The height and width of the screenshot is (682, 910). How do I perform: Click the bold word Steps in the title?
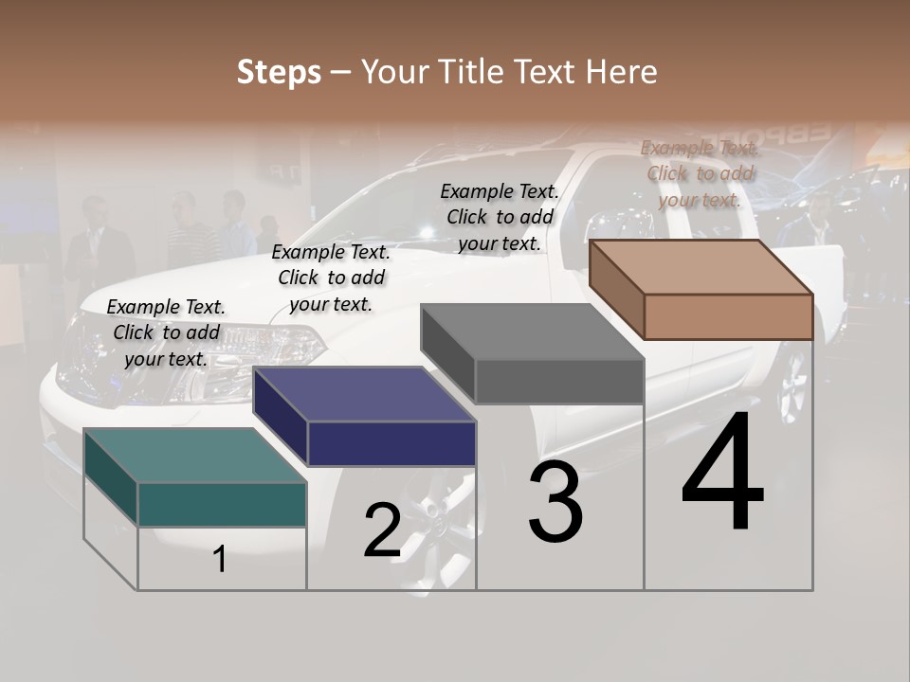pos(279,72)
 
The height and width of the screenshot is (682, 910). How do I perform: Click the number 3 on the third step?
pos(555,503)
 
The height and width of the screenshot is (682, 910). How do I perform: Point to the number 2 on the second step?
pos(382,531)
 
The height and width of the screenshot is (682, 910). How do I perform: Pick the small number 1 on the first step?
pos(220,560)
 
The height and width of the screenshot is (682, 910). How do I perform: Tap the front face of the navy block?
pos(391,443)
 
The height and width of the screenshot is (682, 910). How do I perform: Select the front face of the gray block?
pos(559,382)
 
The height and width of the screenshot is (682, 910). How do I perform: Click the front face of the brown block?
pos(728,316)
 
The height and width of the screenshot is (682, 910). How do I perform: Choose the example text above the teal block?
pos(166,333)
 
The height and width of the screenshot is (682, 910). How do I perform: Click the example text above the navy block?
pos(331,278)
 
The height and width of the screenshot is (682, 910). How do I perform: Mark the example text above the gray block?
pos(500,217)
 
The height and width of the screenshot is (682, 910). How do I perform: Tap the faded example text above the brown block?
pos(700,173)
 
